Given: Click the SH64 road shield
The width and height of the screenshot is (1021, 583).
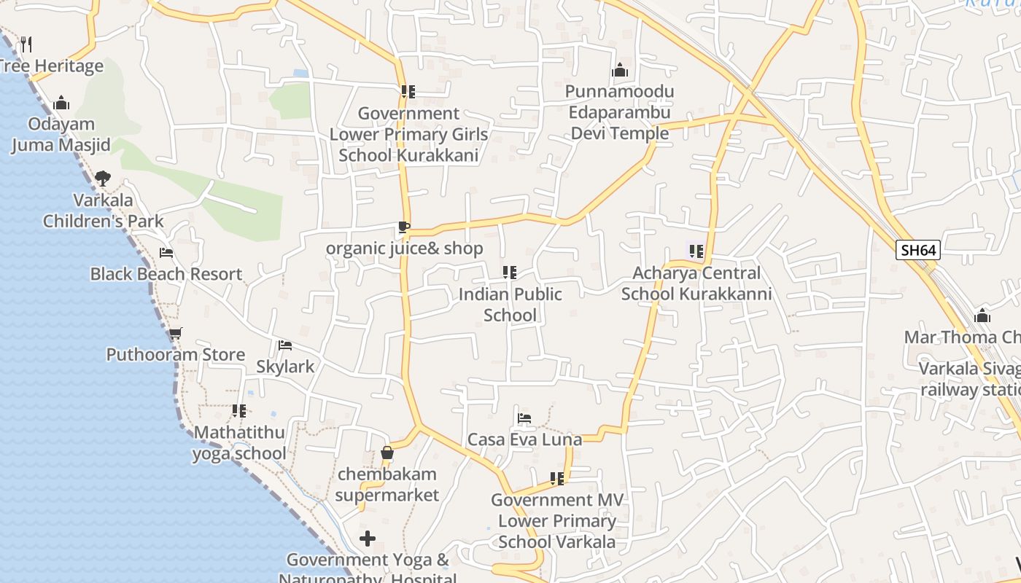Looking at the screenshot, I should click(x=918, y=251).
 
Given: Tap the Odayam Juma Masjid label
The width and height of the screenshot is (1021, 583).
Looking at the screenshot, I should click(x=61, y=135).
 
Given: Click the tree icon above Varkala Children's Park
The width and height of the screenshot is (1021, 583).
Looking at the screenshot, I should click(x=103, y=178).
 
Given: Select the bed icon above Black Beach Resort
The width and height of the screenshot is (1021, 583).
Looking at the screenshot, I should click(x=166, y=253).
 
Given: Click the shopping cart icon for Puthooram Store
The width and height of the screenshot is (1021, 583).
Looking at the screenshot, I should click(x=175, y=334).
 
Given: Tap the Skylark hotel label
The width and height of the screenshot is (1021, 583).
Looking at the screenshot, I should click(x=285, y=367).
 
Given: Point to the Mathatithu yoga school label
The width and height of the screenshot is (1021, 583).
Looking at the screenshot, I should click(x=239, y=442).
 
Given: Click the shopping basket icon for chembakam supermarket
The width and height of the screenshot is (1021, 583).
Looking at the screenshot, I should click(x=387, y=453).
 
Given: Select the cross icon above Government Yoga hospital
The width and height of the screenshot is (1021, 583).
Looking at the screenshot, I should click(x=368, y=539).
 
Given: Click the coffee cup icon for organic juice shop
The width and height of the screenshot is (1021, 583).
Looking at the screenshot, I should click(x=404, y=227).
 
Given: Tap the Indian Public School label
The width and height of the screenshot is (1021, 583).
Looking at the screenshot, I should click(x=510, y=305).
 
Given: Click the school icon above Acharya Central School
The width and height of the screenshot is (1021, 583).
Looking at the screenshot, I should click(x=696, y=251).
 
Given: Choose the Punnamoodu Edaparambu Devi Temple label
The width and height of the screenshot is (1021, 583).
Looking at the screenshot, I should click(x=619, y=113).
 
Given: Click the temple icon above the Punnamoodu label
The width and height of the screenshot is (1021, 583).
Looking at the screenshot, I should click(x=620, y=71).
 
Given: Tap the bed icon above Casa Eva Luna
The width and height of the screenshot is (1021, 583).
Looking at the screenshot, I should click(x=524, y=418).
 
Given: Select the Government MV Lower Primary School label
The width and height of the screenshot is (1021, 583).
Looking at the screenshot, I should click(x=557, y=521).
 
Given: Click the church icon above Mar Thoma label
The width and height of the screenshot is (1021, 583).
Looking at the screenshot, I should click(x=982, y=316).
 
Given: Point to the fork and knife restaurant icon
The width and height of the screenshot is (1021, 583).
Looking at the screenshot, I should click(x=26, y=44).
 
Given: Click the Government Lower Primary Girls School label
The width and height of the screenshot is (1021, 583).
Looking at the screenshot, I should click(x=408, y=135).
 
